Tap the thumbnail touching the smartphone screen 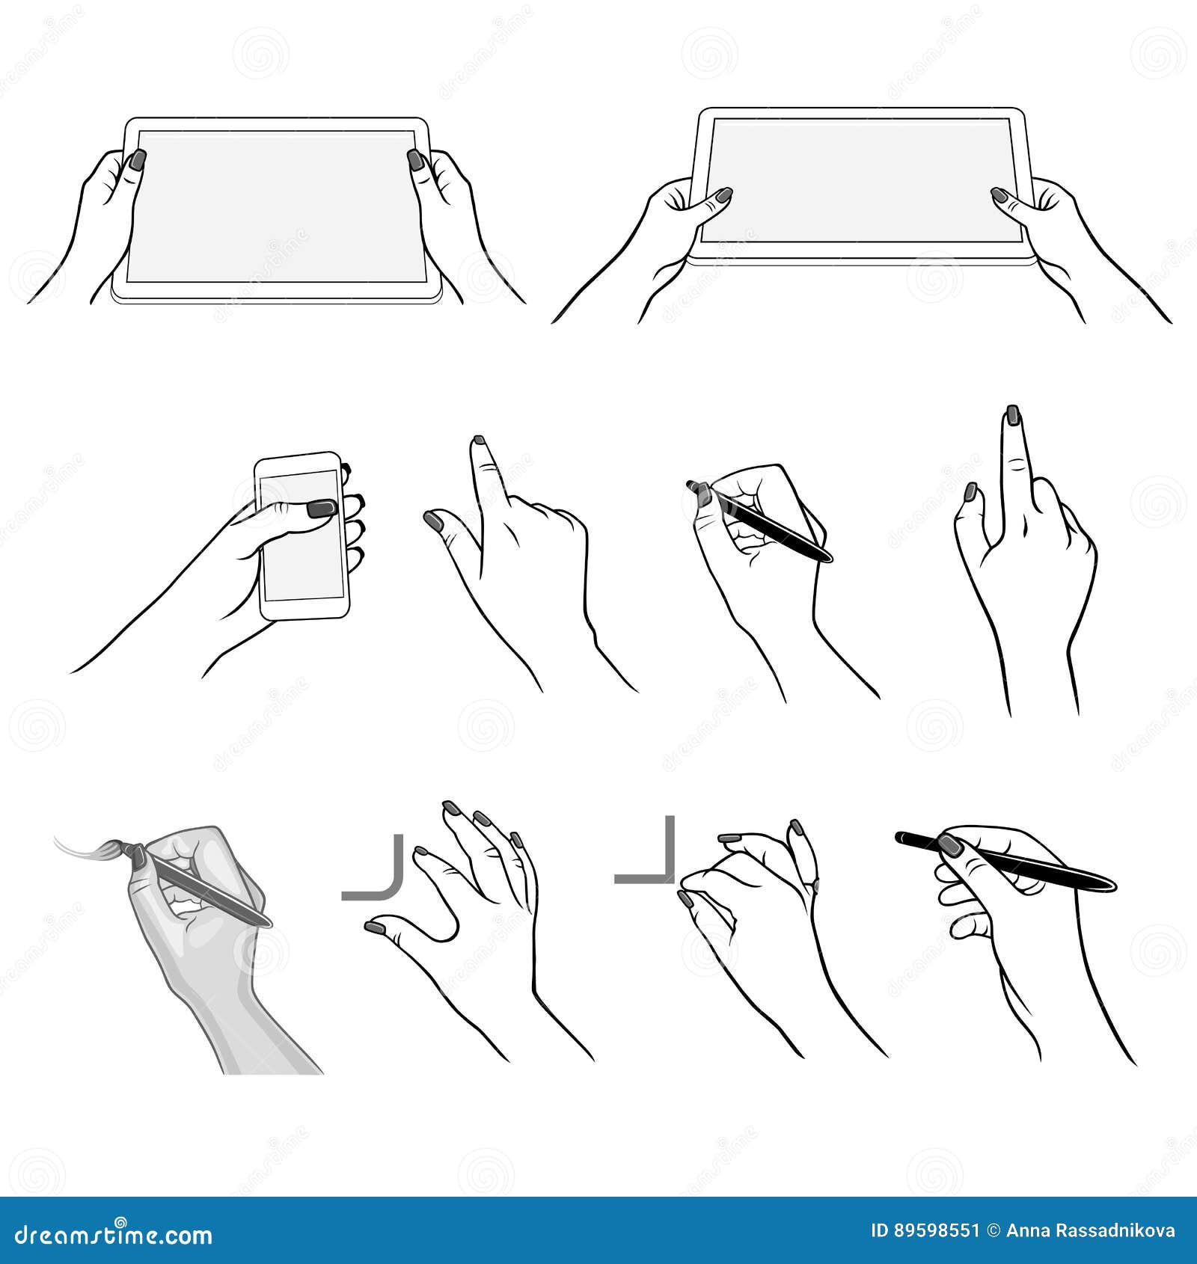pos(322,509)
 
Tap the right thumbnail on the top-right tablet pos(999,196)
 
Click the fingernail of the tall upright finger pos(1012,414)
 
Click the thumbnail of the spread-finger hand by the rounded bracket pos(375,927)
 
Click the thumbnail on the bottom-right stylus pos(952,846)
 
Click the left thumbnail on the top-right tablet pos(723,196)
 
